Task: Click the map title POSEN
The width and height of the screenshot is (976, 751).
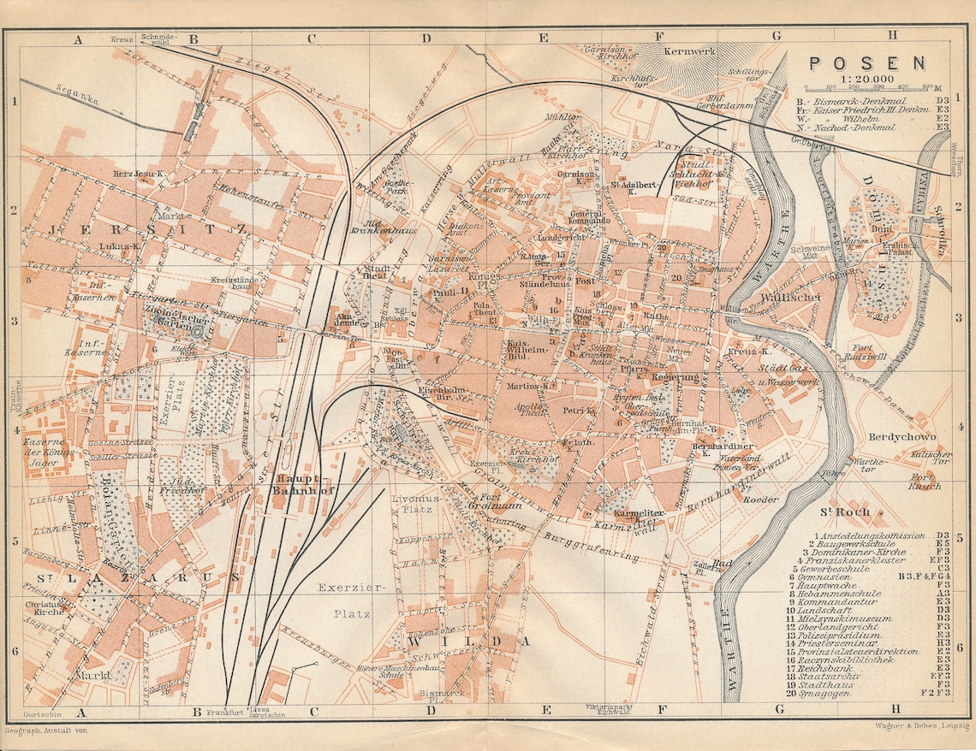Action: pyautogui.click(x=866, y=62)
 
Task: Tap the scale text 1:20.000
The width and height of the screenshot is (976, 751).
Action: pyautogui.click(x=866, y=79)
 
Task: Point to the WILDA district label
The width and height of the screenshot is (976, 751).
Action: pyautogui.click(x=466, y=641)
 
